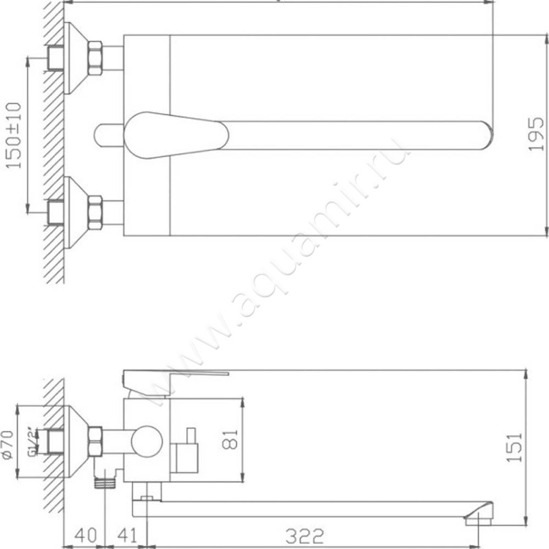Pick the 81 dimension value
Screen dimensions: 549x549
[x=231, y=438]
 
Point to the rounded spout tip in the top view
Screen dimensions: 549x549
[x=484, y=135]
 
